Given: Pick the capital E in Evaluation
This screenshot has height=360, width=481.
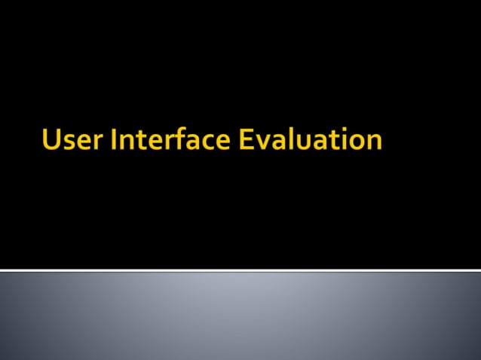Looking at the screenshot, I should pyautogui.click(x=247, y=139).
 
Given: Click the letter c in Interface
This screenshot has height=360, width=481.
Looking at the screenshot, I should pyautogui.click(x=207, y=142).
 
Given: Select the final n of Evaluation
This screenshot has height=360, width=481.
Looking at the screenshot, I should pyautogui.click(x=373, y=142).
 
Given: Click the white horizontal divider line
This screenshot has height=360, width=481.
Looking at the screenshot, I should pyautogui.click(x=240, y=270).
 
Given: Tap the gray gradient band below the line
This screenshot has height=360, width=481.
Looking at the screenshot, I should pyautogui.click(x=240, y=316).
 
